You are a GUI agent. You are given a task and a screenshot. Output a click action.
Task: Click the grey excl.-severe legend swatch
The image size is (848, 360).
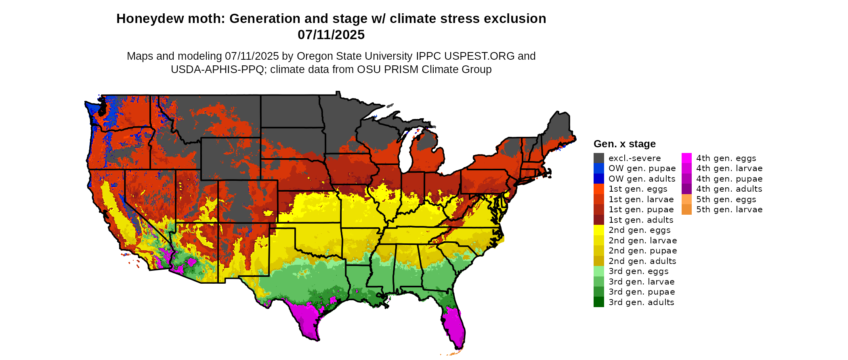pyautogui.click(x=598, y=158)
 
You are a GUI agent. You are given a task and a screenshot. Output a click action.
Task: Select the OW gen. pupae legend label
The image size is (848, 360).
pyautogui.click(x=642, y=168)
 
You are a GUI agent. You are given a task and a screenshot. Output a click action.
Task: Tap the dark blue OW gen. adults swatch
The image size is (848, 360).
pyautogui.click(x=598, y=179)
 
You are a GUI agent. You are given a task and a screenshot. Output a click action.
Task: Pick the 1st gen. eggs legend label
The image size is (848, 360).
pyautogui.click(x=638, y=189)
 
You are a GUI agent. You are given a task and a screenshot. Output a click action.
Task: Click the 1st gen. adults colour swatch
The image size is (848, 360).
pyautogui.click(x=598, y=220)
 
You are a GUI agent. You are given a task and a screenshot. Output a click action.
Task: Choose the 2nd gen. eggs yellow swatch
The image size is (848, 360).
pyautogui.click(x=598, y=230)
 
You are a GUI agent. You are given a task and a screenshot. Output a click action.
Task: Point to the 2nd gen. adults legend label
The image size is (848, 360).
pyautogui.click(x=642, y=261)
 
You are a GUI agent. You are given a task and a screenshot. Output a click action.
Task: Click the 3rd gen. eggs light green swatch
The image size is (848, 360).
pyautogui.click(x=598, y=271)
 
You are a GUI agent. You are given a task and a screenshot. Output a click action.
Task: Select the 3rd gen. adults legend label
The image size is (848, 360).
pyautogui.click(x=641, y=302)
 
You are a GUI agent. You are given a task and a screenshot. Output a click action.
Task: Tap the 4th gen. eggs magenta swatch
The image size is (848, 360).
pyautogui.click(x=686, y=158)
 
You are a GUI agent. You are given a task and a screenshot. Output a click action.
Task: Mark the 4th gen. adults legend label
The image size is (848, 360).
pyautogui.click(x=729, y=189)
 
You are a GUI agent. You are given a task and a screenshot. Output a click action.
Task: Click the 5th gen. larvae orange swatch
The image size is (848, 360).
pyautogui.click(x=686, y=209)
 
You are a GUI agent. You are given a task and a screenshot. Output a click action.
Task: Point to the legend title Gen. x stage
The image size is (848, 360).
pyautogui.click(x=624, y=144)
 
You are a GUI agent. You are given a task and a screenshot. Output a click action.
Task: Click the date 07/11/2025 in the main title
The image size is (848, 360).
pyautogui.click(x=331, y=35)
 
